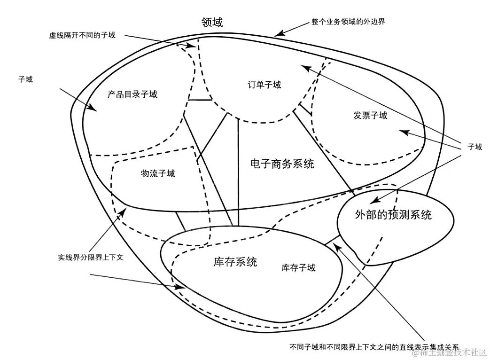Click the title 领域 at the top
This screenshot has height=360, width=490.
pyautogui.click(x=212, y=22)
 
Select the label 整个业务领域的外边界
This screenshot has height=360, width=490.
pyautogui.click(x=348, y=22)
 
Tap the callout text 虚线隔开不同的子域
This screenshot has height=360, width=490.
pyautogui.click(x=82, y=35)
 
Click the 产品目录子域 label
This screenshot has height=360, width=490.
pyautogui.click(x=132, y=94)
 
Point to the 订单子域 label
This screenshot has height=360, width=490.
pyautogui.click(x=264, y=85)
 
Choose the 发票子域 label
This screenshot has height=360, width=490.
pyautogui.click(x=371, y=115)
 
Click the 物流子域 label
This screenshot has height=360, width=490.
pyautogui.click(x=158, y=173)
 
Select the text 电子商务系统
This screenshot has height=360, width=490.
pyautogui.click(x=282, y=164)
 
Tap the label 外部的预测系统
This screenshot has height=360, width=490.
pyautogui.click(x=393, y=215)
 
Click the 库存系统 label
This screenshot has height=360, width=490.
pyautogui.click(x=235, y=262)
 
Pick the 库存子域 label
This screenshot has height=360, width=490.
pyautogui.click(x=298, y=268)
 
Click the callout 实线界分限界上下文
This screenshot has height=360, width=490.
pyautogui.click(x=91, y=258)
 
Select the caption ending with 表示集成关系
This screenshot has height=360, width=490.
pyautogui.click(x=374, y=347)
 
